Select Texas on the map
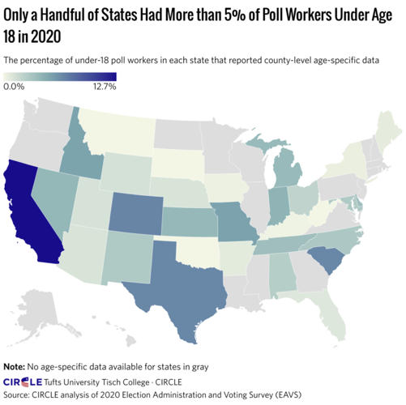174,288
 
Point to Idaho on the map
80,154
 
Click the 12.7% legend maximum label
105,87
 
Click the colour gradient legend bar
60,77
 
